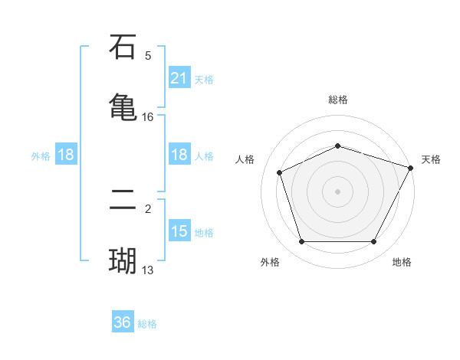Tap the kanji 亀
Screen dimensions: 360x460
123,106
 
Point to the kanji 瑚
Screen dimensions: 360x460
123,261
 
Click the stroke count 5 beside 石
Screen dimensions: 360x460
148,55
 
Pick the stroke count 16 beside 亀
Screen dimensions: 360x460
148,116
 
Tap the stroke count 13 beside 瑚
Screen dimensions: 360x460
148,270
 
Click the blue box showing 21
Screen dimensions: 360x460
179,78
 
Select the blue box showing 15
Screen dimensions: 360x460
179,231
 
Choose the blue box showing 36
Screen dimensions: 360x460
123,323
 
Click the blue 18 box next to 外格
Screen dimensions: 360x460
66,155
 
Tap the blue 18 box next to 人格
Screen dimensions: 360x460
179,155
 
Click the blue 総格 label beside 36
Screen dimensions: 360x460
147,324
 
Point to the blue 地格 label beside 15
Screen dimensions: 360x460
204,232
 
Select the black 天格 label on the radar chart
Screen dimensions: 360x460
431,159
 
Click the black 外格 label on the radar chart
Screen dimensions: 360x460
269,262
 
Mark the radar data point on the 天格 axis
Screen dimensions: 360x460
411,167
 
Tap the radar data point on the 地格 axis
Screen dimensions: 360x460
373,241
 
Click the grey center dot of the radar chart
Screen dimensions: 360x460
337,191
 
